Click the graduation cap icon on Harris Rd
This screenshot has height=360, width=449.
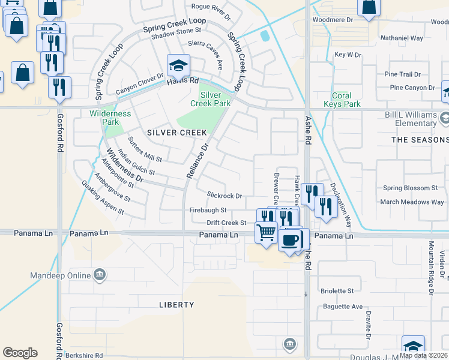(x=178, y=65)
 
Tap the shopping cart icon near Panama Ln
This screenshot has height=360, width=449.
(x=266, y=232)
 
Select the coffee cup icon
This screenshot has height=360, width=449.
(x=290, y=240)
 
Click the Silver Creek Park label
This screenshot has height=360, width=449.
(x=211, y=99)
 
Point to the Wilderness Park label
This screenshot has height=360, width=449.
(x=110, y=118)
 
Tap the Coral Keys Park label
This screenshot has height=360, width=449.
(x=346, y=100)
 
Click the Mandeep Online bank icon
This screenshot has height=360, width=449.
(x=100, y=276)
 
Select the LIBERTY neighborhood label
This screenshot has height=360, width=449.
(x=176, y=305)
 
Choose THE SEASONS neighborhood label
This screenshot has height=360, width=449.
(x=420, y=140)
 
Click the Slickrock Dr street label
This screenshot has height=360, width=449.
(x=224, y=196)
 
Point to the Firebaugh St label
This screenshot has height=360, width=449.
(x=208, y=210)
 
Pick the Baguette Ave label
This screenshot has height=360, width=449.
(x=341, y=307)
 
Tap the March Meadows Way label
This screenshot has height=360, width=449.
(x=412, y=202)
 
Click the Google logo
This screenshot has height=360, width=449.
(x=20, y=353)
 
